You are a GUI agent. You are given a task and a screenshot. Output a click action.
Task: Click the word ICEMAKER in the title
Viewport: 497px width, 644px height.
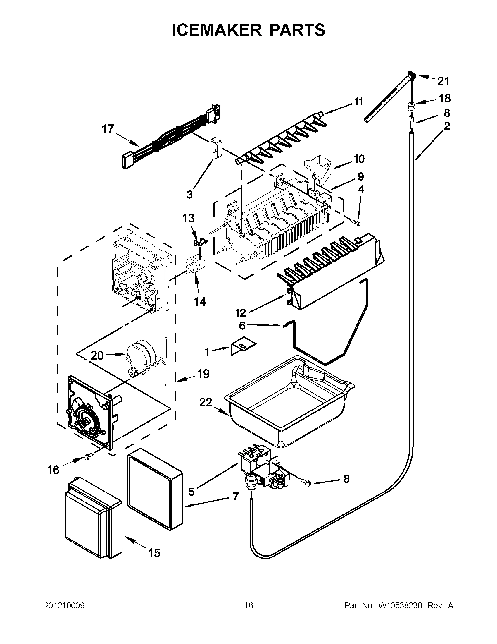[x=217, y=30]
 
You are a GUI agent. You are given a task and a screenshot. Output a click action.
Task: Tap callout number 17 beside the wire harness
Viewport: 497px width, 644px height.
[x=108, y=129]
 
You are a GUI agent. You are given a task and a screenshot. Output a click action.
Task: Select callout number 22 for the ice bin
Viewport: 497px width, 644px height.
[x=205, y=402]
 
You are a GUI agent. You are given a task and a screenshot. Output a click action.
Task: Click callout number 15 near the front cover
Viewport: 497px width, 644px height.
[x=154, y=553]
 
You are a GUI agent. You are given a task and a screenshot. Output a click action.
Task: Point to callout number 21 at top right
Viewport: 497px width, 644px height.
[x=443, y=81]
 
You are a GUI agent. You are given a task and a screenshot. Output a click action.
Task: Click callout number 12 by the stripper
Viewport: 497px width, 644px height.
[x=241, y=312]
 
